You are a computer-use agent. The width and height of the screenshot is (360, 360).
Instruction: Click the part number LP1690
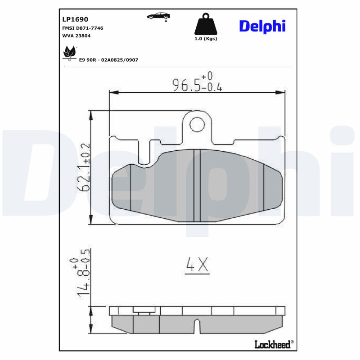[x=75, y=19]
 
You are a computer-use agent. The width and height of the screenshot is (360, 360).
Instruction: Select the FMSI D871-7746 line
[x=82, y=28]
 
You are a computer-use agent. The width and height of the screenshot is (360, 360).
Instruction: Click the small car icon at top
[x=158, y=16]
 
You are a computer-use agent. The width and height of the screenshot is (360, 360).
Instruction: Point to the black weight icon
[x=205, y=25]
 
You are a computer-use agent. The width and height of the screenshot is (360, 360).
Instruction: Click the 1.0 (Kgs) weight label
[x=206, y=39]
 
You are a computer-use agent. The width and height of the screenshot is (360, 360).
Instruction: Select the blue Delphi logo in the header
[x=262, y=26]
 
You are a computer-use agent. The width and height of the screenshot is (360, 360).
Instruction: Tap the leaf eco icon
[x=69, y=52]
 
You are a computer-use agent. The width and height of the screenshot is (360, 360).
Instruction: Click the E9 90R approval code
[x=108, y=59]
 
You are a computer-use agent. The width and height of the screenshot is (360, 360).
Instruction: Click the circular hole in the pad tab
[x=197, y=123]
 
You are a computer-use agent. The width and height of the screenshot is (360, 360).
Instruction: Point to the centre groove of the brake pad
[x=197, y=185]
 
